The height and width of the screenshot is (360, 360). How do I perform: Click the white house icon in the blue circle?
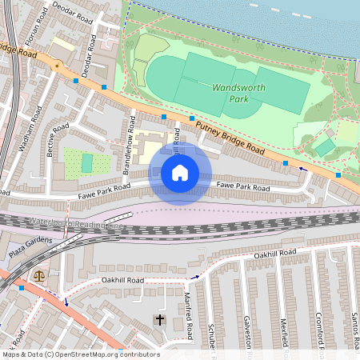pyautogui.click(x=180, y=172)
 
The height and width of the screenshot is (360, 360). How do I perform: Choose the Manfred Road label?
pyautogui.click(x=190, y=316)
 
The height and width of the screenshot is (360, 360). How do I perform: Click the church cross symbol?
pyautogui.click(x=160, y=321)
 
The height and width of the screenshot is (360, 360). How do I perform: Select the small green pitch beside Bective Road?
pyautogui.click(x=86, y=163)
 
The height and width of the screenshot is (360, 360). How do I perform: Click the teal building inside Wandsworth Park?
pyautogui.click(x=325, y=147)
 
